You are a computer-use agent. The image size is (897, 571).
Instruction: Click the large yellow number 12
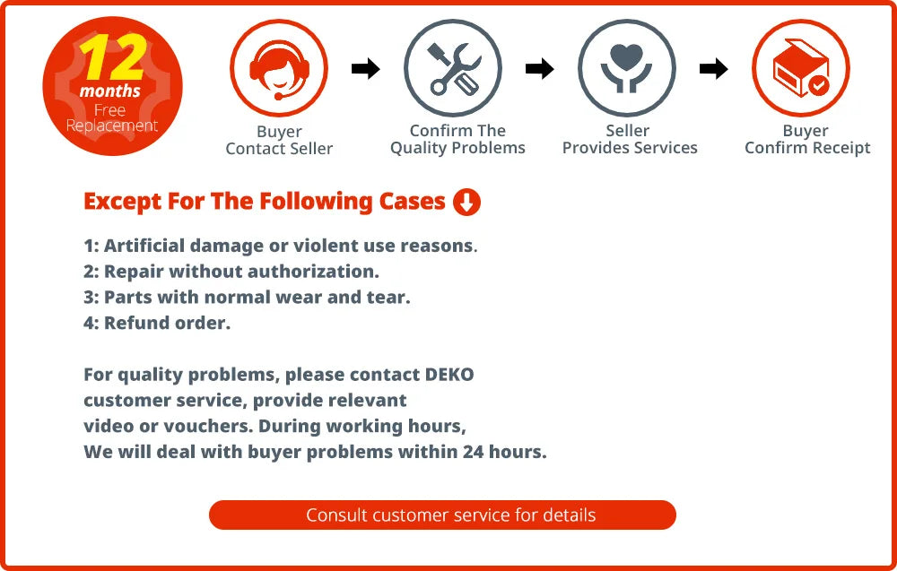(112, 57)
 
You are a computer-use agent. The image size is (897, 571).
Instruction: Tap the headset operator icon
(278, 68)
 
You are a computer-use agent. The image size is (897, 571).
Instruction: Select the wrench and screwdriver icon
(452, 68)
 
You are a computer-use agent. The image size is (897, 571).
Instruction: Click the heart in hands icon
(626, 68)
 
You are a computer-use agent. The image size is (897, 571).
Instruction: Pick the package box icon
(800, 68)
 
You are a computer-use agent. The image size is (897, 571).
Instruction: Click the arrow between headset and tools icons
(365, 69)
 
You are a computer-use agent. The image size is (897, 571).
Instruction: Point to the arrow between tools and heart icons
(539, 69)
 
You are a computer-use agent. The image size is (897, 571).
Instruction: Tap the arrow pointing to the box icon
(713, 69)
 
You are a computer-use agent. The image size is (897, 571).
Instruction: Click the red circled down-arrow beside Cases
(466, 203)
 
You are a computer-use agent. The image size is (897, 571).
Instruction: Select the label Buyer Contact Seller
(279, 141)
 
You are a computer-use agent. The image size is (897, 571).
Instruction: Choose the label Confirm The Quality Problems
(457, 140)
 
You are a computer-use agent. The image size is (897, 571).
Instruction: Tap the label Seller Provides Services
(630, 140)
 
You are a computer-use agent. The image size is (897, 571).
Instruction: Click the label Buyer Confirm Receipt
(807, 140)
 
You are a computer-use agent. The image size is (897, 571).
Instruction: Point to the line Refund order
(157, 324)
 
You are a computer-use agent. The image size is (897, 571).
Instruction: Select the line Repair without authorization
(231, 272)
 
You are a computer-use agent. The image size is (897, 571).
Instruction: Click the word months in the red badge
(110, 91)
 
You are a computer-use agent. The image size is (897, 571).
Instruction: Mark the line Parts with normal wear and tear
(247, 298)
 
